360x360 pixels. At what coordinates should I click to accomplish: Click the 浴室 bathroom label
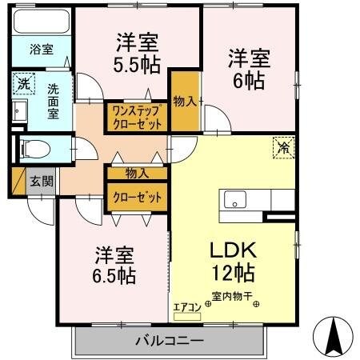(42, 50)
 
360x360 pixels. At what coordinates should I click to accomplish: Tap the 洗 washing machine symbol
(24, 83)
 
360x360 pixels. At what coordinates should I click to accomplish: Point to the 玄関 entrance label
(42, 181)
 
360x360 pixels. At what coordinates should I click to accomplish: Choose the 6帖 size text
(249, 80)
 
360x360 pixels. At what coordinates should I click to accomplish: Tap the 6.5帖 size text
(114, 276)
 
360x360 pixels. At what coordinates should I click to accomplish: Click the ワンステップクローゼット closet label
(137, 118)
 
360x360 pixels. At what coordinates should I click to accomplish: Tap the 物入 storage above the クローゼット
(137, 172)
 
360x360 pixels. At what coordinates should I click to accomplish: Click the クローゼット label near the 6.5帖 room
(138, 197)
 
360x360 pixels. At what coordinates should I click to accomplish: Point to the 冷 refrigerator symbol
(284, 146)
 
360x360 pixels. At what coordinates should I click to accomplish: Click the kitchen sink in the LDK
(237, 200)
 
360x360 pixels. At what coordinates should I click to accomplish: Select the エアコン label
(186, 305)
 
